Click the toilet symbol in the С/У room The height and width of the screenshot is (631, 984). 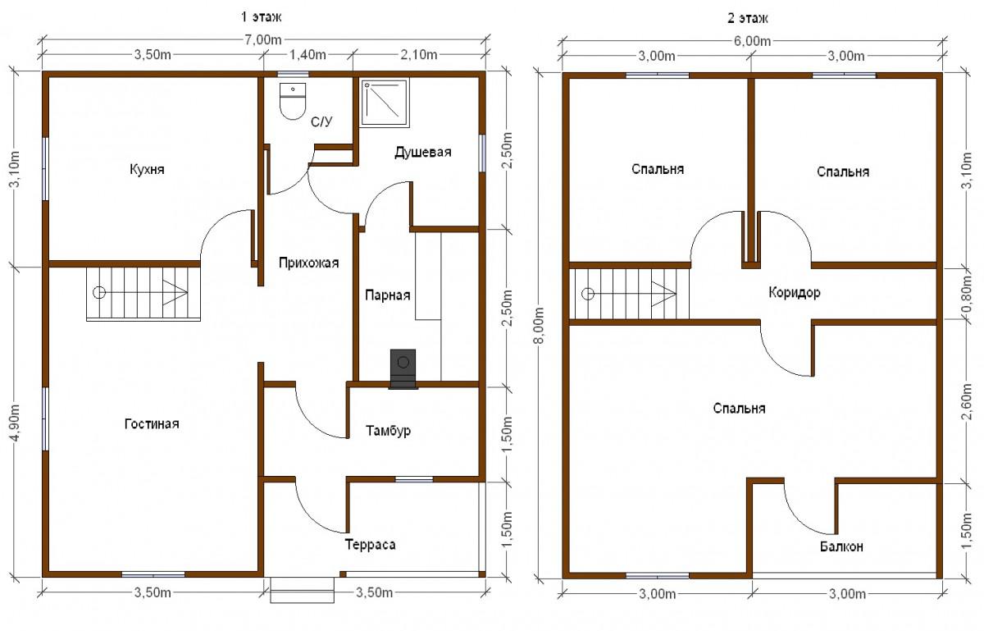(x=293, y=101)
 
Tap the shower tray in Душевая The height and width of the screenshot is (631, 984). (x=385, y=103)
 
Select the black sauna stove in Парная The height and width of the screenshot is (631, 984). (x=403, y=369)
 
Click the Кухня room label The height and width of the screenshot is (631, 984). (x=147, y=169)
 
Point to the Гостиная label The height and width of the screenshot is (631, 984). (x=152, y=424)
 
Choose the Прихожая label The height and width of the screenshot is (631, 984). (x=309, y=263)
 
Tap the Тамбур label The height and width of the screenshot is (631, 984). (x=389, y=431)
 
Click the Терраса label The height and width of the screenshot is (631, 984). (x=371, y=545)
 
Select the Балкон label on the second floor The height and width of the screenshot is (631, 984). (x=841, y=546)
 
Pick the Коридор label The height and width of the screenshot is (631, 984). (x=795, y=292)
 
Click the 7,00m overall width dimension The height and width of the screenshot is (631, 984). (x=263, y=40)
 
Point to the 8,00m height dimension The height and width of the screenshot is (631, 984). (x=540, y=326)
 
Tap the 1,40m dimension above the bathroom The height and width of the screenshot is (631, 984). (x=308, y=54)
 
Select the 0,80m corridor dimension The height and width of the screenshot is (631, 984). (x=967, y=296)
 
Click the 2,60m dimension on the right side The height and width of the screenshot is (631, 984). (x=967, y=402)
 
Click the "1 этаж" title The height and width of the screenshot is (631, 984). (x=261, y=17)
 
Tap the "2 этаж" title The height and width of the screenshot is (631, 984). (x=748, y=19)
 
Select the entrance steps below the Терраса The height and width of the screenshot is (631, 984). (x=302, y=590)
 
